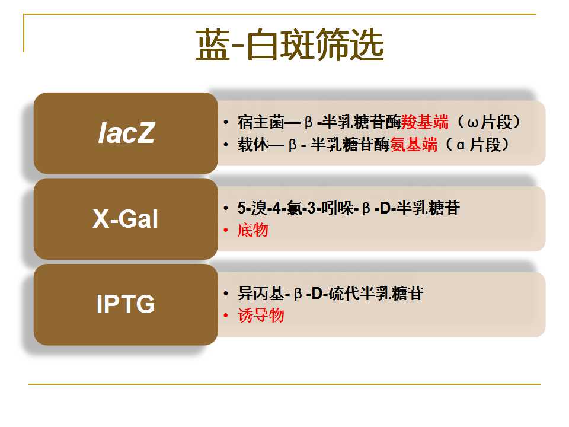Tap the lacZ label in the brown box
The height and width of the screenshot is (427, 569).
(x=126, y=133)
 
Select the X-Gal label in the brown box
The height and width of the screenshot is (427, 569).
(x=126, y=219)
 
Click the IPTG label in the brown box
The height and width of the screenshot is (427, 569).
(x=126, y=304)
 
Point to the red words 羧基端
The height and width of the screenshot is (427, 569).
(x=425, y=122)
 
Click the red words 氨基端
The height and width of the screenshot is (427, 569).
(x=414, y=145)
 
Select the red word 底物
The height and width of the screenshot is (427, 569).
(x=253, y=230)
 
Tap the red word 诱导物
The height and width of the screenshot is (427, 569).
(x=261, y=315)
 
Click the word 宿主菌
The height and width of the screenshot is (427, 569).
(x=261, y=122)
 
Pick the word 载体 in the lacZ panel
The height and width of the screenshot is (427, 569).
(x=253, y=145)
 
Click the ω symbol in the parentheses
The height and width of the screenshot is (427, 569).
(x=473, y=123)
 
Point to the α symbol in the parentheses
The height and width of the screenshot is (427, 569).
(x=461, y=146)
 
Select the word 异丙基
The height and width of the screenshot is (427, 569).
(x=261, y=294)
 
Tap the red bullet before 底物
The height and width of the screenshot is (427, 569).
(x=226, y=230)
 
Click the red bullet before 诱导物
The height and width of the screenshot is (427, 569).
(x=226, y=315)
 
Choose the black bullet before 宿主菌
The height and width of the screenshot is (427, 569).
(x=226, y=122)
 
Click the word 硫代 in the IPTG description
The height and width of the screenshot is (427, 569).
(x=344, y=294)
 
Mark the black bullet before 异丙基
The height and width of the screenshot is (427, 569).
(x=226, y=294)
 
